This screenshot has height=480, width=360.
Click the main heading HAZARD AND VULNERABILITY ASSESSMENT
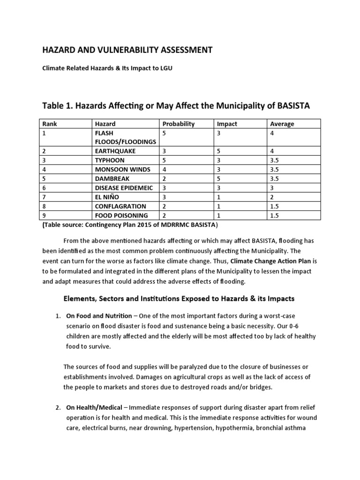click(x=128, y=50)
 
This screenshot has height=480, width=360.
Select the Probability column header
click(x=178, y=124)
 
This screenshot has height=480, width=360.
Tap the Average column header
click(x=282, y=124)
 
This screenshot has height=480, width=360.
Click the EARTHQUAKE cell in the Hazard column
click(x=115, y=151)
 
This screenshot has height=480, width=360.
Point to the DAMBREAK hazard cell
click(x=112, y=179)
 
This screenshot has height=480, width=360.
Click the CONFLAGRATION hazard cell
click(x=120, y=206)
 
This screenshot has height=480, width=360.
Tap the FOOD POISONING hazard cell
click(x=121, y=216)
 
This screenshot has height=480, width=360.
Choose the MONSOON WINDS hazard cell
click(x=120, y=170)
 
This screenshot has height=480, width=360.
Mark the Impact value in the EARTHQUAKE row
click(x=218, y=151)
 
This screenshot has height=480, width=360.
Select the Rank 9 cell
click(x=44, y=216)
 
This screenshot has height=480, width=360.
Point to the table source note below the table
click(x=130, y=225)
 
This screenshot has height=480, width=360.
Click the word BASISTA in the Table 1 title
click(x=289, y=106)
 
